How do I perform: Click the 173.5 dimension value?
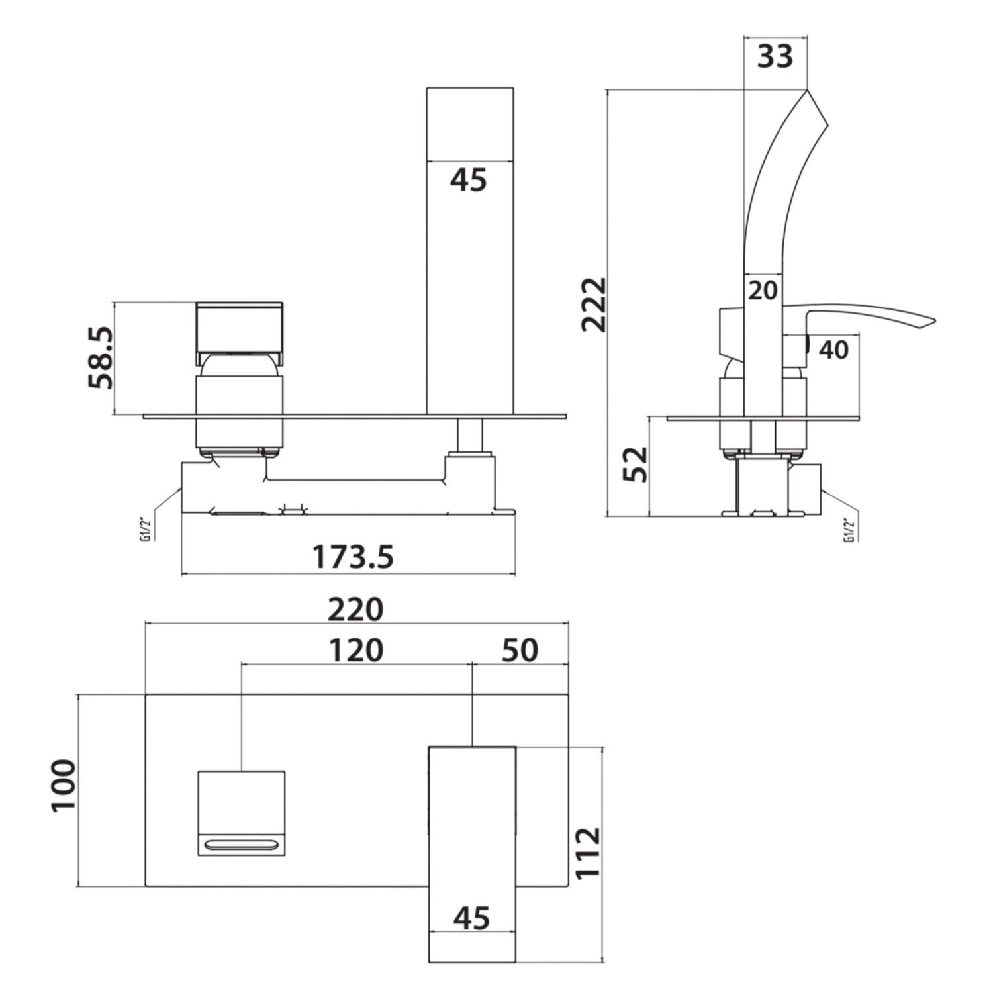click(x=352, y=557)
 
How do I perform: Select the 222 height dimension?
click(x=593, y=304)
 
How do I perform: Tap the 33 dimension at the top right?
click(x=775, y=56)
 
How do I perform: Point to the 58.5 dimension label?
click(x=101, y=357)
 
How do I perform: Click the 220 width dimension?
click(x=356, y=609)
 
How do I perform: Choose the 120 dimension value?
click(x=356, y=650)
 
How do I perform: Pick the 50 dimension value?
click(x=520, y=650)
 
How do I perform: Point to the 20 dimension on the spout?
click(x=763, y=290)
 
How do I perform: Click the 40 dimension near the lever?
click(x=833, y=350)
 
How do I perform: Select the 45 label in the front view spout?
click(x=469, y=180)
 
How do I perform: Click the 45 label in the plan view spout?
click(x=472, y=918)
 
